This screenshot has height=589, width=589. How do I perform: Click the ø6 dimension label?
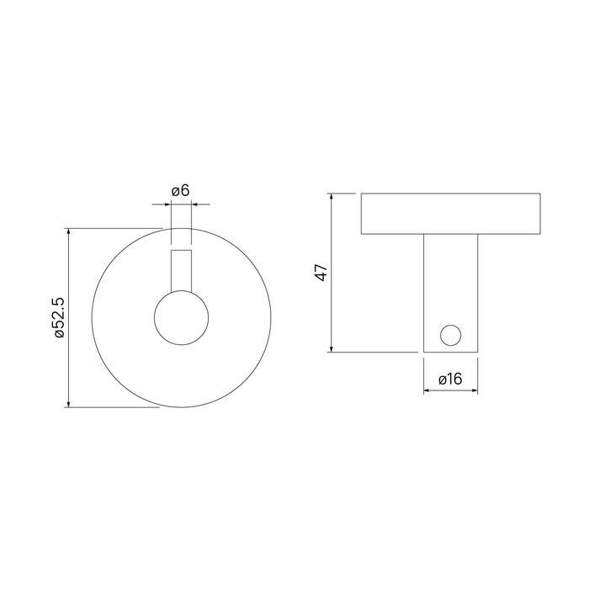pyautogui.click(x=180, y=191)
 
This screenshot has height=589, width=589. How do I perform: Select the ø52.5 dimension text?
pyautogui.click(x=60, y=317)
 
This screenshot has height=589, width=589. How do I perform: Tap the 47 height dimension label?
pyautogui.click(x=322, y=273)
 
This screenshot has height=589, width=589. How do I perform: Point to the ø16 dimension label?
pyautogui.click(x=450, y=379)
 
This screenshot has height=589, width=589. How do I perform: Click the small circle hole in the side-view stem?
pyautogui.click(x=450, y=336)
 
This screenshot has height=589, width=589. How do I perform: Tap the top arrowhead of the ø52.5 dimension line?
pyautogui.click(x=68, y=231)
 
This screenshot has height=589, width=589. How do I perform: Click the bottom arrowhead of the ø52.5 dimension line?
pyautogui.click(x=68, y=404)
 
